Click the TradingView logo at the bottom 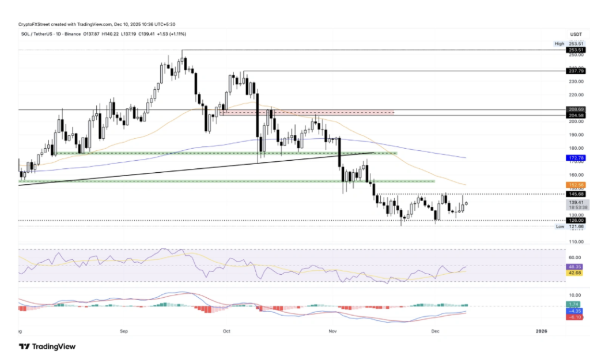(x=47, y=346)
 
